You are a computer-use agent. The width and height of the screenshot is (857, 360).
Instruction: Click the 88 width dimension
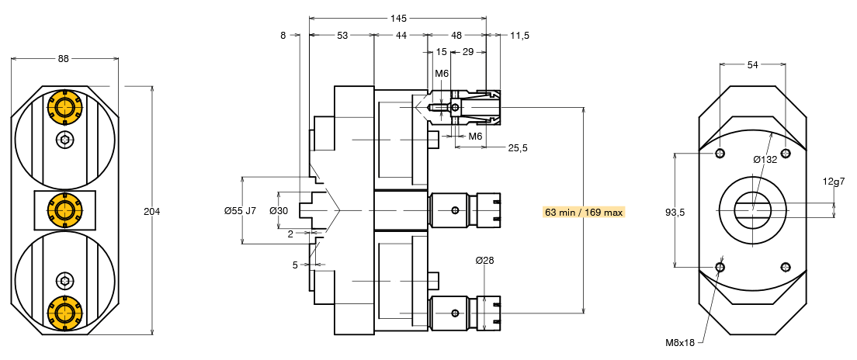coord(64,58)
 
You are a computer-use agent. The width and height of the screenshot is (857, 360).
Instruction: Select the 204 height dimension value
coord(152,212)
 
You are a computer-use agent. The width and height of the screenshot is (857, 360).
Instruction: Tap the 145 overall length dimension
coord(398,18)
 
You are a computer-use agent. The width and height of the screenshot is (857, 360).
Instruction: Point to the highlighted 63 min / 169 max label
coord(584,212)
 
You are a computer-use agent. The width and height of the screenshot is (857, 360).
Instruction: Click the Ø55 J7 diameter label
coord(240,211)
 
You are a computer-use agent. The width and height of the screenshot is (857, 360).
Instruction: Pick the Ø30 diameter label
coord(279,211)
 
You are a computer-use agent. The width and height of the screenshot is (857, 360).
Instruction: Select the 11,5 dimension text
coord(520,36)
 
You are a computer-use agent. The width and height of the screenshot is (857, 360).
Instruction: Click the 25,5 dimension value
coord(518,148)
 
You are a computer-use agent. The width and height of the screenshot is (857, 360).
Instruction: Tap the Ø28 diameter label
coord(485,260)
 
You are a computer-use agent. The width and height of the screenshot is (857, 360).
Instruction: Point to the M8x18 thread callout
coord(679,342)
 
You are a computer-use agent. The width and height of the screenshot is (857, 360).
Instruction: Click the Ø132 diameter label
coord(765,159)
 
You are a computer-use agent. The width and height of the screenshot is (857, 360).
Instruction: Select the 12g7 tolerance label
coord(834,182)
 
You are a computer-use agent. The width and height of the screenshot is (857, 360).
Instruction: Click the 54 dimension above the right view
coord(753,65)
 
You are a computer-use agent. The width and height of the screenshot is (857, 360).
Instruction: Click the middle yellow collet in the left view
coord(64,210)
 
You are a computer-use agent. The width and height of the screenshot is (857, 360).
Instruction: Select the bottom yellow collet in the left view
coord(64,313)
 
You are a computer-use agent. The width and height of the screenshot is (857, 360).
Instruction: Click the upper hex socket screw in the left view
coord(64,140)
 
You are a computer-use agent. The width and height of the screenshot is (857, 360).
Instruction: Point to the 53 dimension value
coord(342,36)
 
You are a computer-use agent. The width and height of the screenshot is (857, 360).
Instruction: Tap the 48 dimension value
coord(456,36)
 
